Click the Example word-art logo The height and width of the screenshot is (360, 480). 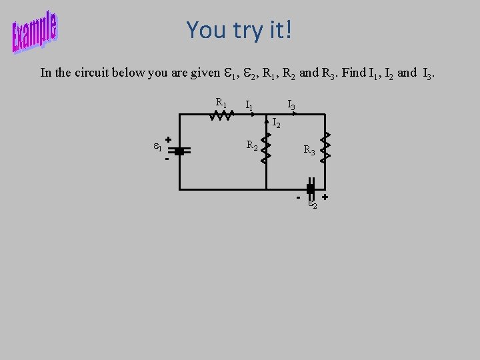[35, 31]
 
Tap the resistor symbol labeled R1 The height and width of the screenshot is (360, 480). [221, 115]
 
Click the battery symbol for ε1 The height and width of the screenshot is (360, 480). [179, 151]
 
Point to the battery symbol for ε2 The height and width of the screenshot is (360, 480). [310, 189]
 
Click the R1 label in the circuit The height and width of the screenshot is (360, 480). [221, 103]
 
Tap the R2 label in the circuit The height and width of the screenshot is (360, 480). [253, 145]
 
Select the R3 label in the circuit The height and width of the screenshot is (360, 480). [309, 151]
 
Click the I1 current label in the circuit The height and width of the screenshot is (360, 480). [249, 105]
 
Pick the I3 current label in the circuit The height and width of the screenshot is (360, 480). [291, 105]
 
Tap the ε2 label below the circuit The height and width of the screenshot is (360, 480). [313, 205]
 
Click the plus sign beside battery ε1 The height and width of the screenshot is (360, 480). [168, 139]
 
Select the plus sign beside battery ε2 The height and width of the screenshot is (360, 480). [325, 197]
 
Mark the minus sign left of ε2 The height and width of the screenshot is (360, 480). [298, 198]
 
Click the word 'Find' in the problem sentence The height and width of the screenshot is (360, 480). [353, 72]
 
